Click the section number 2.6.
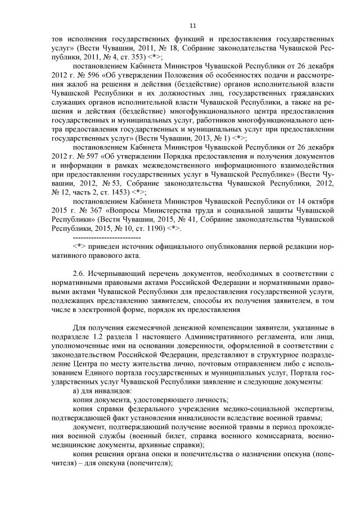[79, 274]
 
